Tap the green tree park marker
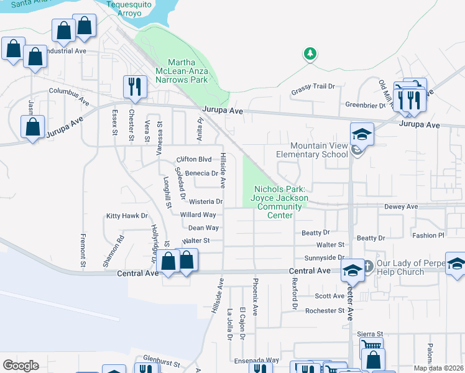click(310, 55)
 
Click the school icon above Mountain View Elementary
click(361, 134)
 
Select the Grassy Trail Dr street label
click(313, 93)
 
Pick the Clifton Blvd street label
click(195, 159)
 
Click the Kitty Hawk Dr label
click(127, 216)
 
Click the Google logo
click(21, 365)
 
